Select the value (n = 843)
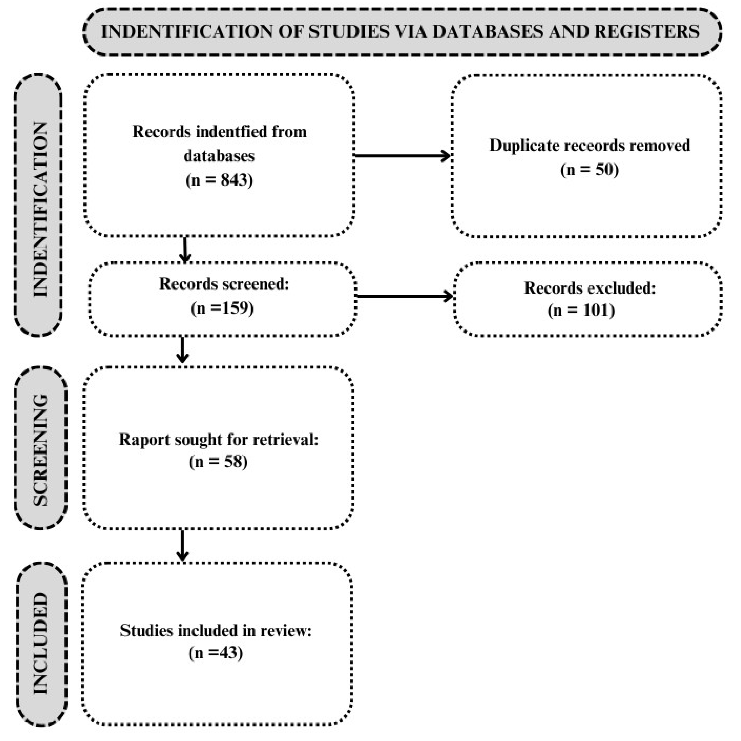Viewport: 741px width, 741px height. (x=219, y=179)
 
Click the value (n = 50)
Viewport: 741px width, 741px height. (x=589, y=169)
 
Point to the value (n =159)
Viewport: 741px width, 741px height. (x=223, y=308)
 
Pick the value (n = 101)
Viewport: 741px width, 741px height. (x=581, y=310)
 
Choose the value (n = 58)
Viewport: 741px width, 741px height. (x=218, y=461)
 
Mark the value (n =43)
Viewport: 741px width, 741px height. (x=216, y=652)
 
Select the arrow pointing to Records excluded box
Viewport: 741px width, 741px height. (x=405, y=296)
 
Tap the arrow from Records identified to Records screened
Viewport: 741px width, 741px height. (x=185, y=250)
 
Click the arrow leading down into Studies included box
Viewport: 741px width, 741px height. (x=183, y=545)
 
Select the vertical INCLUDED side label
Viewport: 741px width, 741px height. (x=41, y=644)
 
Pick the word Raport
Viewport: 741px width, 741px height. (x=144, y=439)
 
